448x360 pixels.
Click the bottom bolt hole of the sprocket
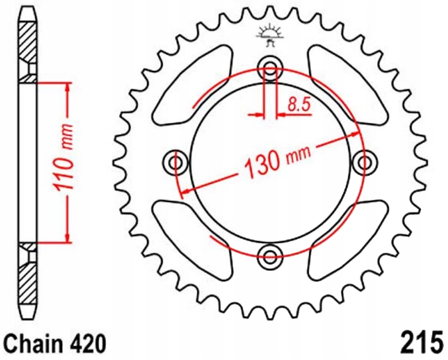coord(270,255)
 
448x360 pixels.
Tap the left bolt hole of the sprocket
coord(177,162)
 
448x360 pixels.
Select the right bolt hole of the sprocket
coord(363,162)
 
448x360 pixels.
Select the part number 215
coord(418,342)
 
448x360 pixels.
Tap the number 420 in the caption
coord(85,343)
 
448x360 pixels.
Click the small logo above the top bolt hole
coord(269,34)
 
